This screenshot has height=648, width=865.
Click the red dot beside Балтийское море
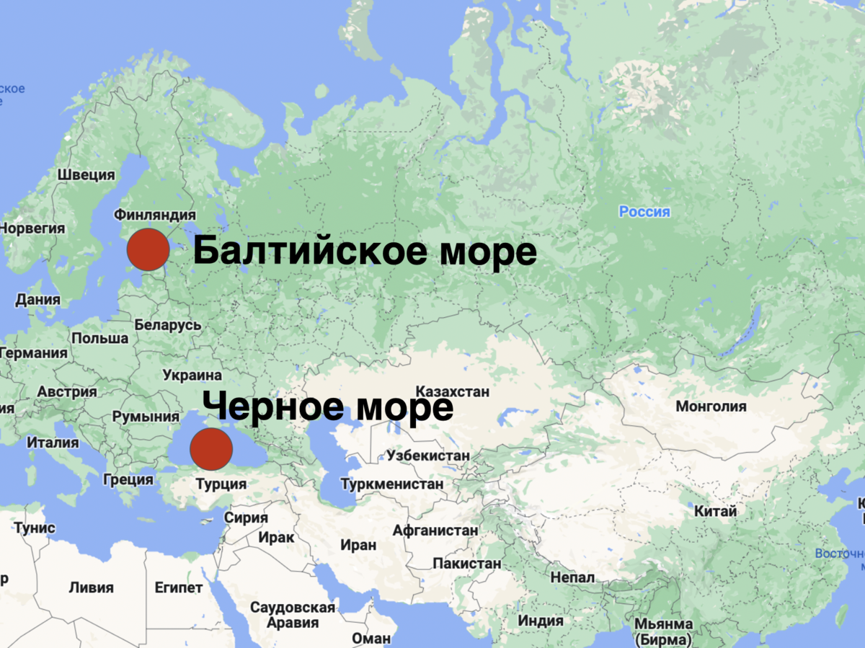pos(148,249)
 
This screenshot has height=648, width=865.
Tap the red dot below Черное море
pos(211,448)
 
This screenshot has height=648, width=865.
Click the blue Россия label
pos(644,212)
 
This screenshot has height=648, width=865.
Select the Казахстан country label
pos(453,391)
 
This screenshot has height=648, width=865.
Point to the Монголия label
pos(711,407)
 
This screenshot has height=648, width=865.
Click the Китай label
pos(715,511)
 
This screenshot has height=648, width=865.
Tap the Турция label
pos(221,484)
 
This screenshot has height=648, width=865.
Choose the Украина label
pos(192,375)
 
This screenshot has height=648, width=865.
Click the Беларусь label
pos(168,325)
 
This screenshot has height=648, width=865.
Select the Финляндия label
pos(155,215)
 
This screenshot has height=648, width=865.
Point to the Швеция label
pos(86,174)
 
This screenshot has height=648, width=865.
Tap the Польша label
pos(100,338)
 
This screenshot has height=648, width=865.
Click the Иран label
pos(358,545)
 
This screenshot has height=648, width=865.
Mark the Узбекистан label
pos(428,456)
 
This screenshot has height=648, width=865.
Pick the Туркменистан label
pos(392,484)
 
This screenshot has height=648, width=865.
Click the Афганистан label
pos(435,531)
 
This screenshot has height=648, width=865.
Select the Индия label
pos(541,621)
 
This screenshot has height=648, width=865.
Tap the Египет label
pos(179,587)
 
